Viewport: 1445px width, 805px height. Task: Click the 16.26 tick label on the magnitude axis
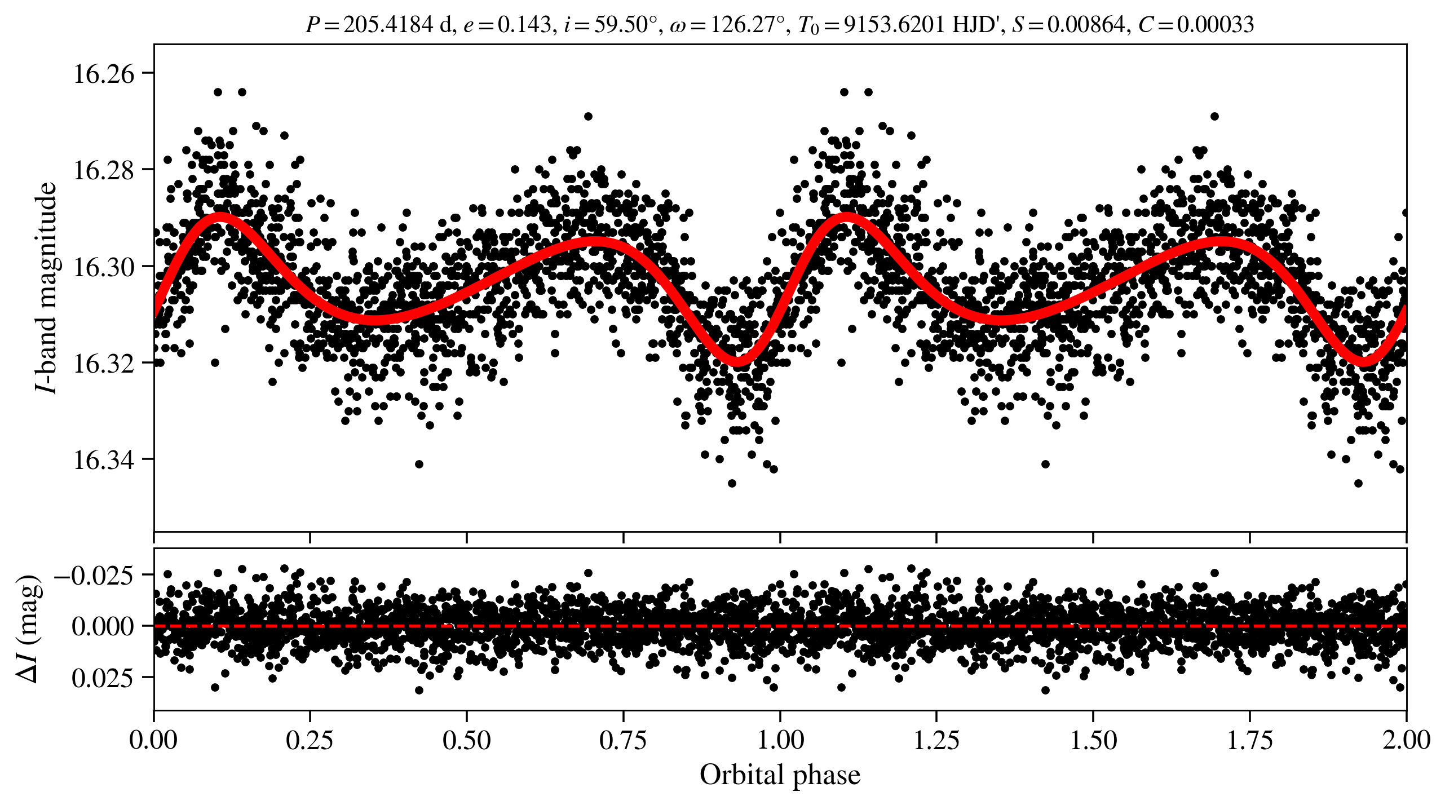click(104, 74)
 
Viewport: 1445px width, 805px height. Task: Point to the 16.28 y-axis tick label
click(104, 170)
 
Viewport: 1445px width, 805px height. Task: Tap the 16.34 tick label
click(104, 460)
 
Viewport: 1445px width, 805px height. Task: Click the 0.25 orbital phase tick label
click(310, 740)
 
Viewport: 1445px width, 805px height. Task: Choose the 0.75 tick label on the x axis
click(623, 740)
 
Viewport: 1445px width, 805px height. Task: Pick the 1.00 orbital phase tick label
click(780, 740)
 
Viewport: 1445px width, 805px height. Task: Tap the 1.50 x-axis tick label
click(1093, 740)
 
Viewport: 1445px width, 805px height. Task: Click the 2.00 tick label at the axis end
click(1406, 740)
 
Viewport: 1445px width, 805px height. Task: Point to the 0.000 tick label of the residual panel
click(103, 626)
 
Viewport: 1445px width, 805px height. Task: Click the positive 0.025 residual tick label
click(103, 678)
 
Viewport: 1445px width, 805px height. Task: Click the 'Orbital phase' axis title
click(780, 775)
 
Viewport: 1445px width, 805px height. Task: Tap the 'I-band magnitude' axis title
click(46, 287)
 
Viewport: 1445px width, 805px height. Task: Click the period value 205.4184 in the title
click(388, 25)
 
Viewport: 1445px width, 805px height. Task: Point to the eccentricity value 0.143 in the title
click(524, 25)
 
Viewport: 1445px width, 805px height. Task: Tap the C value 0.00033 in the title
click(1215, 25)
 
